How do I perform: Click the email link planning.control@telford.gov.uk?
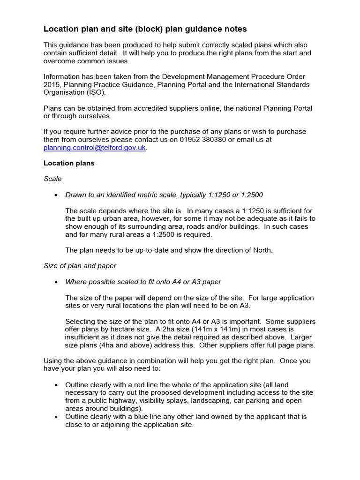point(95,148)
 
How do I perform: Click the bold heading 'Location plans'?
point(69,163)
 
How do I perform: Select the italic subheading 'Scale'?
point(52,179)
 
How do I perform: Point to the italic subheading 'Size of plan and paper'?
point(80,266)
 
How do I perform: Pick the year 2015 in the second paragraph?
point(52,85)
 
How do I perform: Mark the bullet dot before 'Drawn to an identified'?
point(56,195)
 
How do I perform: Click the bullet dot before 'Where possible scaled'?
point(56,282)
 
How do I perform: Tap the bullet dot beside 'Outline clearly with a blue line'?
point(56,417)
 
